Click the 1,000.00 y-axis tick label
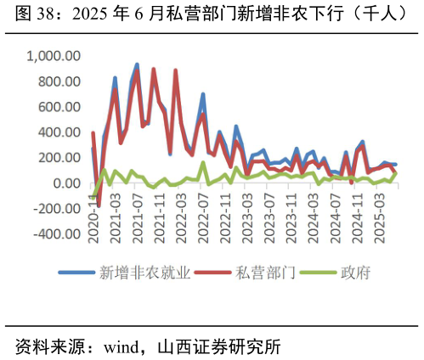click(x=54, y=56)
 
